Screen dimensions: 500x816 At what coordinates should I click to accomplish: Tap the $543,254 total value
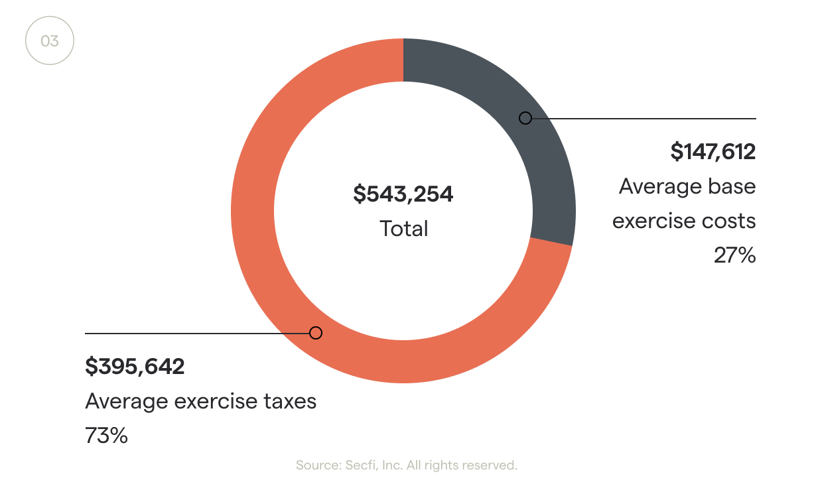point(403,194)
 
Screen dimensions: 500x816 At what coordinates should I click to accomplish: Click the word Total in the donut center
point(403,229)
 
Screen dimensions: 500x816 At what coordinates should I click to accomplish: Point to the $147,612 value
point(713,152)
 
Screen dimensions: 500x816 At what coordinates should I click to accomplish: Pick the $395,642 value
point(135,366)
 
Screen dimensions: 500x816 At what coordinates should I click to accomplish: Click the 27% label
point(734,255)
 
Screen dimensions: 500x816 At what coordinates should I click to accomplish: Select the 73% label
point(106,436)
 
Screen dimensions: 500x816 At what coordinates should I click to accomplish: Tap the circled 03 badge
point(50,41)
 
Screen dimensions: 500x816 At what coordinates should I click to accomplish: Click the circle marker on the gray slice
point(525,118)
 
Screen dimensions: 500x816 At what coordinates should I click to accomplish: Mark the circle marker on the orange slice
point(316,333)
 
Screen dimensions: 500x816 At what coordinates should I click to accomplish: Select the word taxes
point(289,401)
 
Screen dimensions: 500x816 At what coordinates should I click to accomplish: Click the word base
point(730,186)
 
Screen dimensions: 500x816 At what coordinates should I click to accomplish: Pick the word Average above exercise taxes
point(126,401)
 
